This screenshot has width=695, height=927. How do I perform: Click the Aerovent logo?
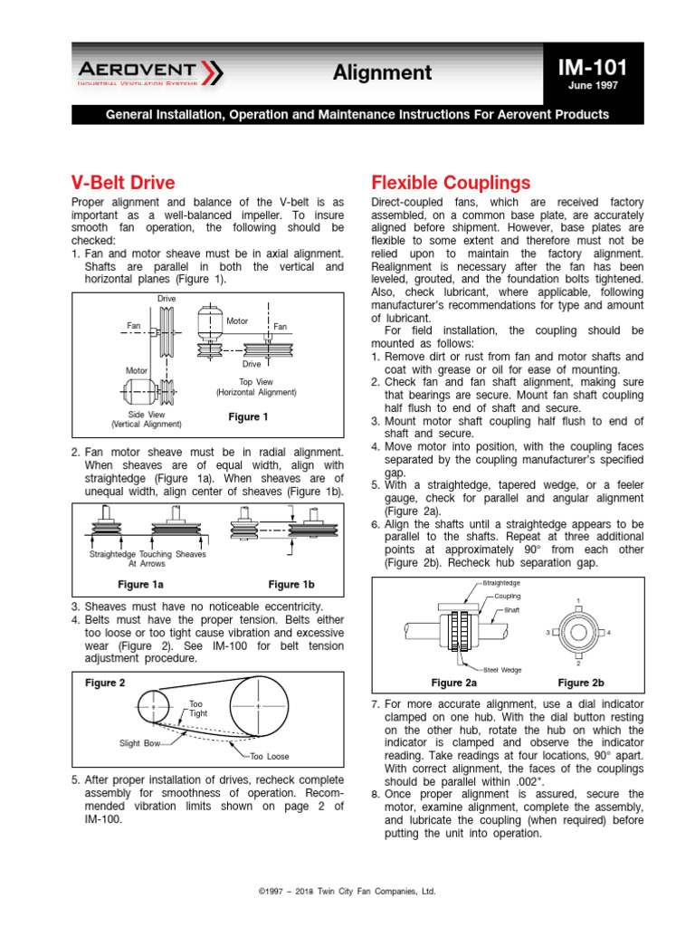[x=148, y=72]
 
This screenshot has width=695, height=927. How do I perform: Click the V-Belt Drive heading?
[x=122, y=182]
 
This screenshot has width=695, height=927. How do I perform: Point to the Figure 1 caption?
[x=248, y=417]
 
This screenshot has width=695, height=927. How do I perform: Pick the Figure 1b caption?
[x=290, y=585]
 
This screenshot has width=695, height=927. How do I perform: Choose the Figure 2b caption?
[x=581, y=683]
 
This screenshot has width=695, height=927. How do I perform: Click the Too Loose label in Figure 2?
[x=270, y=757]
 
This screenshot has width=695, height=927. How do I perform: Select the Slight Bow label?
[x=140, y=743]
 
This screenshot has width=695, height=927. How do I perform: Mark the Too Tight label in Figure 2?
[x=197, y=709]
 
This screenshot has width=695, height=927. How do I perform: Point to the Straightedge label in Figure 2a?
[x=502, y=584]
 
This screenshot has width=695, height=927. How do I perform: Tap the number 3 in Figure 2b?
[x=548, y=632]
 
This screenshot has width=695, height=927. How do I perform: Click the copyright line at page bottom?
[x=347, y=892]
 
